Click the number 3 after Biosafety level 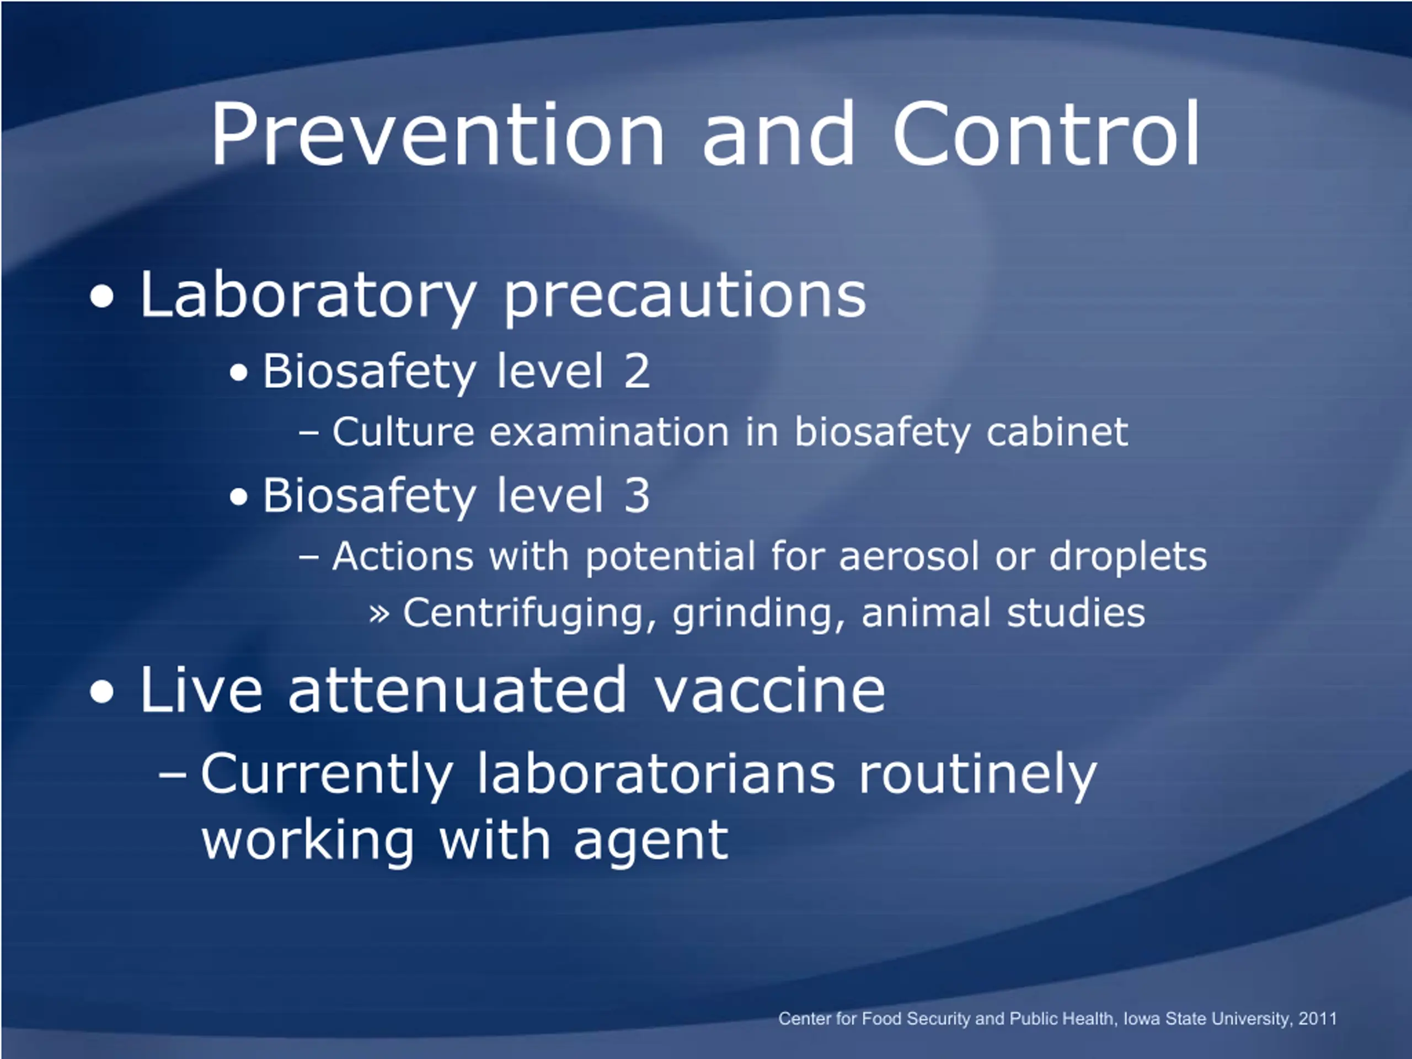point(637,496)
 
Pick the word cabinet point(1057,432)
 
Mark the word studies point(1076,612)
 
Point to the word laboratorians point(656,774)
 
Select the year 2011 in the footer point(1317,1018)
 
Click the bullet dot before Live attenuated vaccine point(102,693)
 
